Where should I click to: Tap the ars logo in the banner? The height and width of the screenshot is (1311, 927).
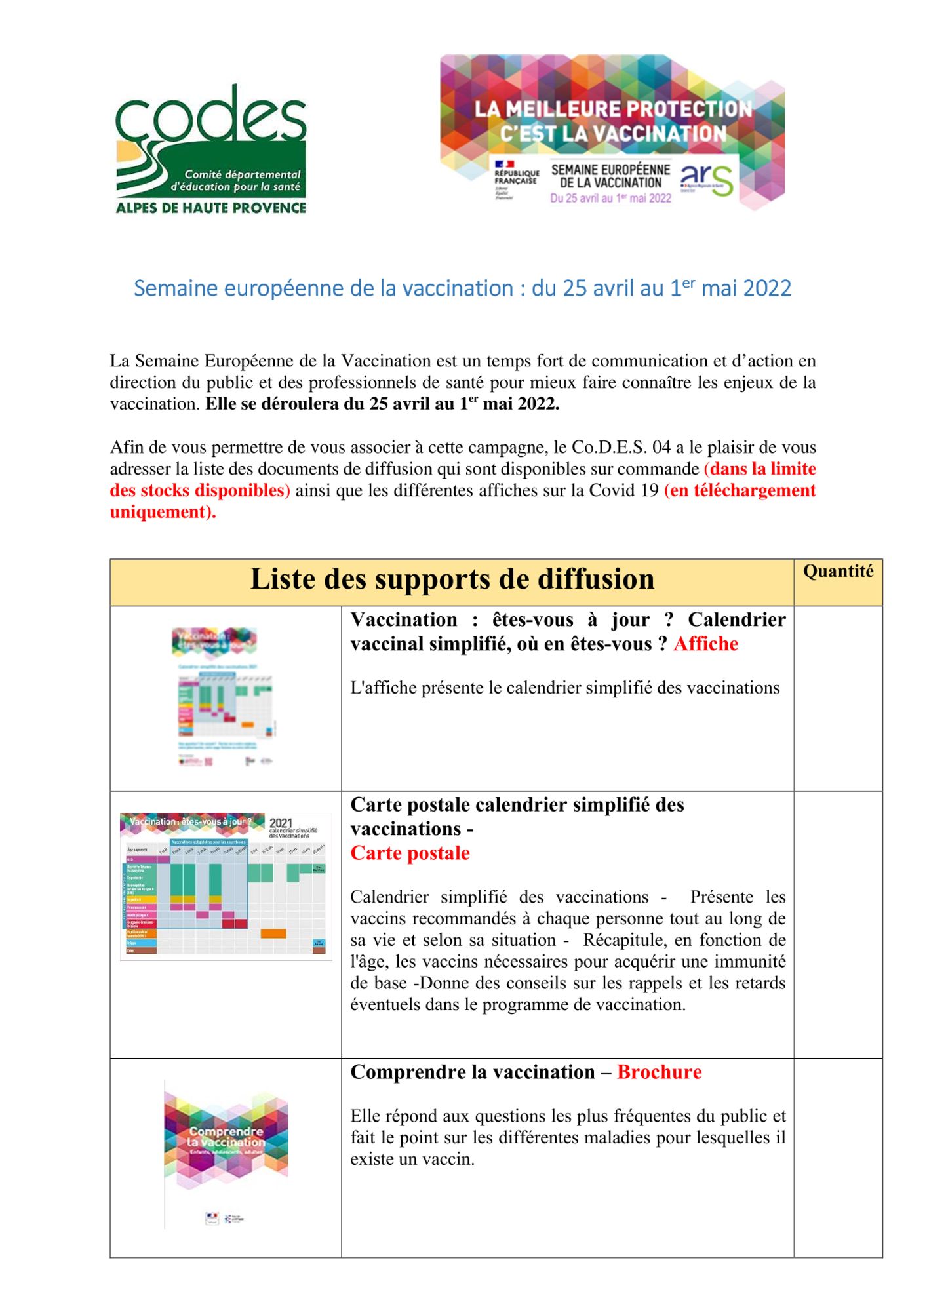(x=707, y=179)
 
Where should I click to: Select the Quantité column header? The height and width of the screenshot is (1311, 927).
(x=838, y=572)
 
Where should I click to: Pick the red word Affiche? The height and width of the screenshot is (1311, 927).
(x=705, y=644)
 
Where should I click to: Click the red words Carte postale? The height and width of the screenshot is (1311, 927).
(x=410, y=853)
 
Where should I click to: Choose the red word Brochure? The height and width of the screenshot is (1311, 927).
(x=659, y=1072)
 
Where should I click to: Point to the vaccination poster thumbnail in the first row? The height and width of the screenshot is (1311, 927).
(x=225, y=697)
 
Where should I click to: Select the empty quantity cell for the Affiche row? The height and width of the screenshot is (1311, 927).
(x=838, y=698)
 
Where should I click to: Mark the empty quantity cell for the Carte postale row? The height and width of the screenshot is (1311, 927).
(x=838, y=924)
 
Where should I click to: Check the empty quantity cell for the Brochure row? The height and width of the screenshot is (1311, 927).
(x=838, y=1157)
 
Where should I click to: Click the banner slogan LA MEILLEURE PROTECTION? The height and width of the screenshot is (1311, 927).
(x=613, y=109)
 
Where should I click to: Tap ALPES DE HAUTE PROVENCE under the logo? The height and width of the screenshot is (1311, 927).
(x=210, y=208)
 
